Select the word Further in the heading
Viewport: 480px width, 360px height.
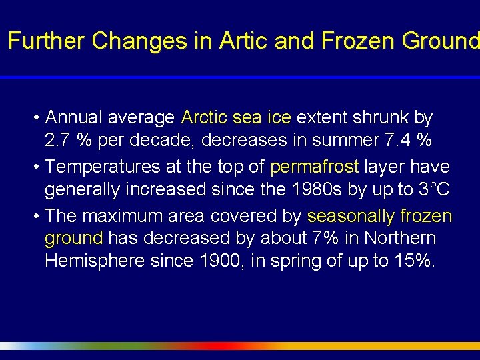click(47, 41)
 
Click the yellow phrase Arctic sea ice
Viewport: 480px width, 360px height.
click(236, 118)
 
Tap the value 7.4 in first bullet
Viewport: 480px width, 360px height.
click(400, 141)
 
